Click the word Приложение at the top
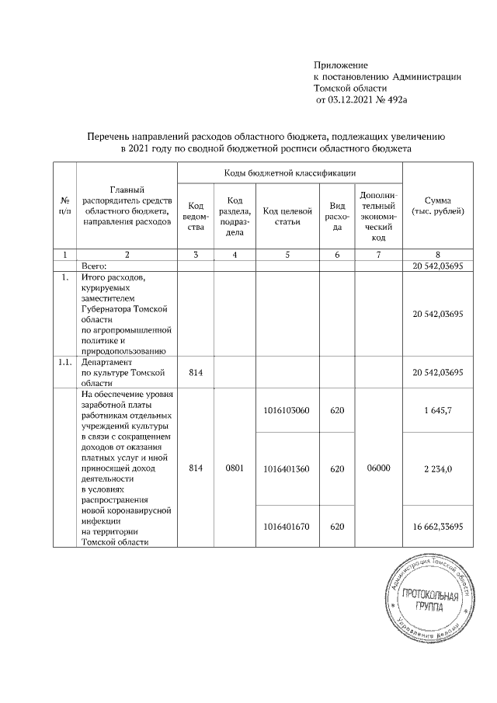[x=340, y=64]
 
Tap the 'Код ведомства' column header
[x=196, y=216]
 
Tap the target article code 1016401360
[x=287, y=468]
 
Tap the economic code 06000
[x=379, y=468]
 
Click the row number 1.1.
[x=64, y=362]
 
